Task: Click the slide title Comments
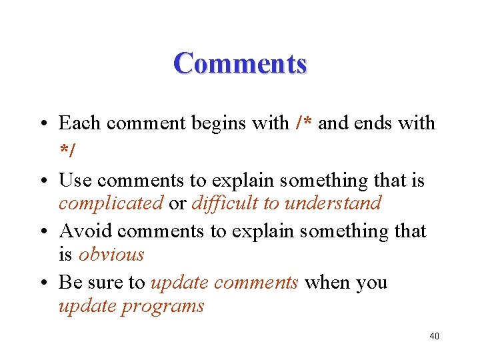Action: tap(240, 64)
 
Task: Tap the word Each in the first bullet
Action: tap(79, 123)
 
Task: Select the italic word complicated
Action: tap(111, 203)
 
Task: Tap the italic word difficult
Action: tap(225, 203)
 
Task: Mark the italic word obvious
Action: tap(111, 255)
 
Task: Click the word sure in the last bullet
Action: tap(106, 283)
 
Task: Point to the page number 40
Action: tap(434, 336)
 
